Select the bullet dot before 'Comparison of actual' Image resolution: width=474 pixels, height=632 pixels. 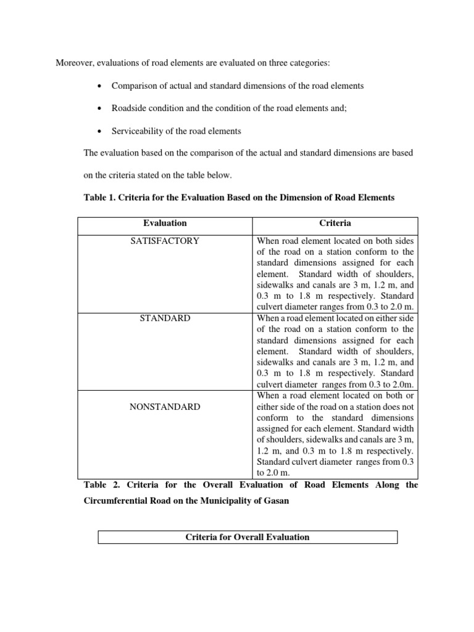click(x=99, y=86)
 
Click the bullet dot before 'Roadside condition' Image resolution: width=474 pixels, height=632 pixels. click(x=99, y=109)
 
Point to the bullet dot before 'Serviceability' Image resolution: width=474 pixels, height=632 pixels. click(x=99, y=131)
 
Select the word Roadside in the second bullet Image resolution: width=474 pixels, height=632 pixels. click(x=130, y=108)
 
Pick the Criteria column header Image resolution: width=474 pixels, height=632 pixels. click(x=336, y=223)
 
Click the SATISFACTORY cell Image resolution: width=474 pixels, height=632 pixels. click(x=164, y=241)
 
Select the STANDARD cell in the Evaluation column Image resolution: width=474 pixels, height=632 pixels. click(x=164, y=318)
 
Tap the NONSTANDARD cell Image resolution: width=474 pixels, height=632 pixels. click(x=164, y=407)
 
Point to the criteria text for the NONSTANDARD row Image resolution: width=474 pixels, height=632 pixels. click(x=336, y=434)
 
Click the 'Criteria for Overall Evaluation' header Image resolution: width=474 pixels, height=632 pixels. click(x=247, y=537)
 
